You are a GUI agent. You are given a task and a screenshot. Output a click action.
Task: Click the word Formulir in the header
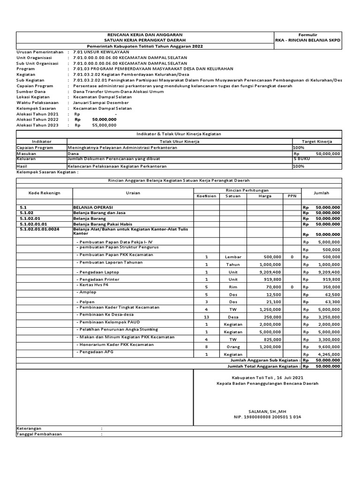tap(308, 35)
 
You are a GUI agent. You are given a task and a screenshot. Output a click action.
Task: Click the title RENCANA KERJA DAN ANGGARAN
tap(145, 35)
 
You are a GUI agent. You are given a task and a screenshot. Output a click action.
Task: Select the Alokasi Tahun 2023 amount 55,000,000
tap(105, 125)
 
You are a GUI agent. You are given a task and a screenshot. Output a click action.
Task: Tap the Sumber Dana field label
tap(32, 91)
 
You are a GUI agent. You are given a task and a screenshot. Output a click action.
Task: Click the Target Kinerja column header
tap(317, 141)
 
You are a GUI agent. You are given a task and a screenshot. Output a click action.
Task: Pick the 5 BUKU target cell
tap(301, 159)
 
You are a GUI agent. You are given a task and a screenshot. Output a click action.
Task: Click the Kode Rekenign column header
tap(44, 193)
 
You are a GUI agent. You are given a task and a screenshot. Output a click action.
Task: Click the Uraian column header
tap(133, 193)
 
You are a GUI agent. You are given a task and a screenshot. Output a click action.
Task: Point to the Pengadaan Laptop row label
tap(99, 272)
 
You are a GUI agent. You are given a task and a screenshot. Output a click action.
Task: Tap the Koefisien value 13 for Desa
tap(206, 317)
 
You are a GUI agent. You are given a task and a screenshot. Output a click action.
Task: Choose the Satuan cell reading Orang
tap(233, 347)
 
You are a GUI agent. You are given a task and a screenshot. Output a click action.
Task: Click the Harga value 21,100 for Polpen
tap(273, 302)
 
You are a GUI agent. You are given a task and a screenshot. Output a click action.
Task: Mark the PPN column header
tap(292, 196)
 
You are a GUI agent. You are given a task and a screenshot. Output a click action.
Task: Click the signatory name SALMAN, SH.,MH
tap(268, 409)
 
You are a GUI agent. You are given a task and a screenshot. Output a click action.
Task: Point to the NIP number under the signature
tap(268, 416)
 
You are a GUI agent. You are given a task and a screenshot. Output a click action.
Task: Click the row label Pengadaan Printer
tap(99, 279)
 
